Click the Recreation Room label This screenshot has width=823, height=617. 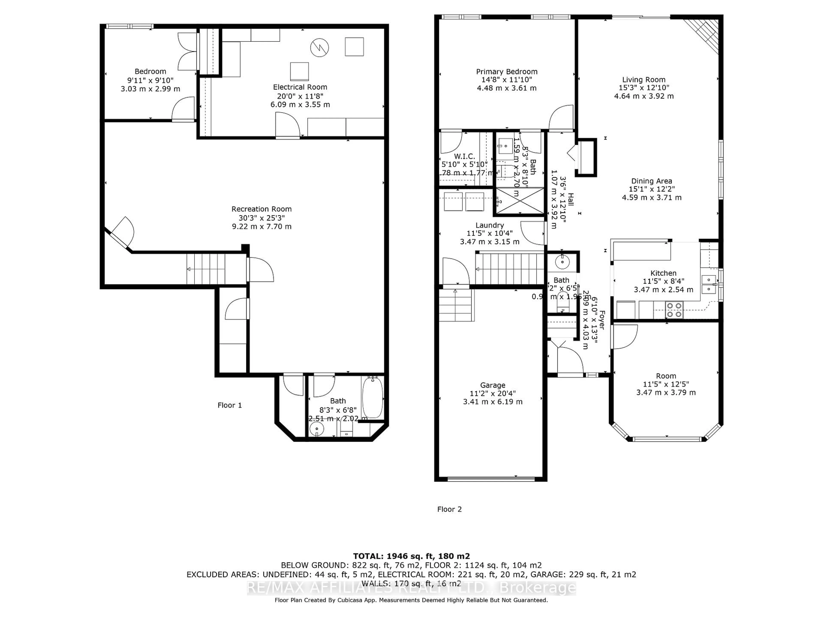pos(261,209)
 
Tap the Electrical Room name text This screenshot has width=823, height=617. pos(300,87)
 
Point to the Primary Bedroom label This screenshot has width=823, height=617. pos(506,71)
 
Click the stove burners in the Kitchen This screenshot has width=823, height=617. pos(674,310)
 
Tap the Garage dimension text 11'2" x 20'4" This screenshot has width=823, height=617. pos(493,394)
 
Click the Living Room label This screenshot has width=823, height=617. pos(644,80)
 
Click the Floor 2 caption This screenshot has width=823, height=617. pos(449,509)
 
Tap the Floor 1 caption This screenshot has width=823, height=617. pos(230,405)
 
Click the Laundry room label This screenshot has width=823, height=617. pos(490,225)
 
